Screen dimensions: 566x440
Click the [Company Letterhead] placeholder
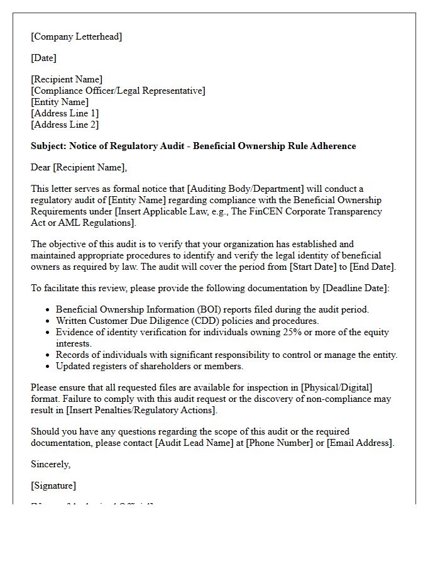coord(77,36)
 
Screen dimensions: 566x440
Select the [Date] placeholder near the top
coord(43,58)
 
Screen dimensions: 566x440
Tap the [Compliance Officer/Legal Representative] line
coord(118,91)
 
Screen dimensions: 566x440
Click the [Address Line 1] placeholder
coord(65,113)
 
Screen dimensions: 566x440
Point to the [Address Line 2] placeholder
coord(65,125)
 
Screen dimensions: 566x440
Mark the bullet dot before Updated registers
coord(48,366)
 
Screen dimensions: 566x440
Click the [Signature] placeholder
coord(53,486)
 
